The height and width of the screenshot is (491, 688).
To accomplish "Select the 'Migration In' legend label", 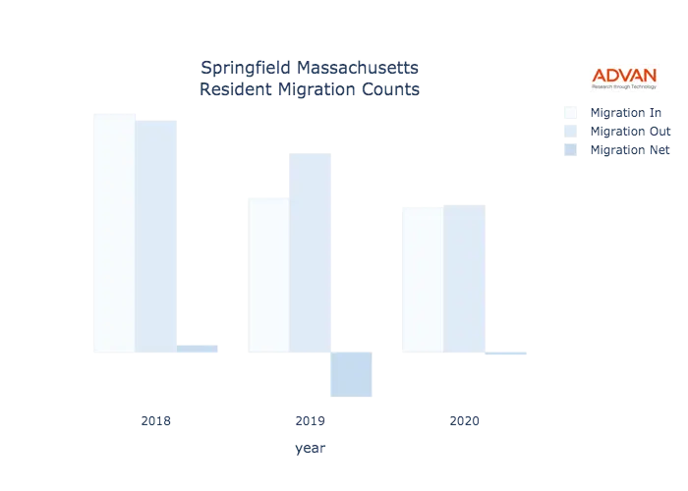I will [629, 111].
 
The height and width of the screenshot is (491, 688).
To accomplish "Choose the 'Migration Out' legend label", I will [632, 131].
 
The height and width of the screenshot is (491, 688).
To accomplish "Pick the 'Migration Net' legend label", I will [632, 150].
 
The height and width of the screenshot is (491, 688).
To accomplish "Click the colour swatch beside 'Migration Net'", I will [570, 150].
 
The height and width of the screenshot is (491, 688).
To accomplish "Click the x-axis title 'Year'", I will [310, 449].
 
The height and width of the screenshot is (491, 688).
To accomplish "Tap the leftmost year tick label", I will [157, 422].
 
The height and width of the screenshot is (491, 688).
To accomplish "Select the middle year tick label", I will [311, 422].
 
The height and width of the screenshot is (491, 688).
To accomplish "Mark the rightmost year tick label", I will [464, 422].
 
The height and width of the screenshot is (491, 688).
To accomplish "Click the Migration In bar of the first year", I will [110, 232].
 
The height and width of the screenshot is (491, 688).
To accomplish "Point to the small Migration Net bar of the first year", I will [199, 347].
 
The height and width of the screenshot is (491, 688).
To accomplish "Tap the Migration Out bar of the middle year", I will [312, 251].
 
